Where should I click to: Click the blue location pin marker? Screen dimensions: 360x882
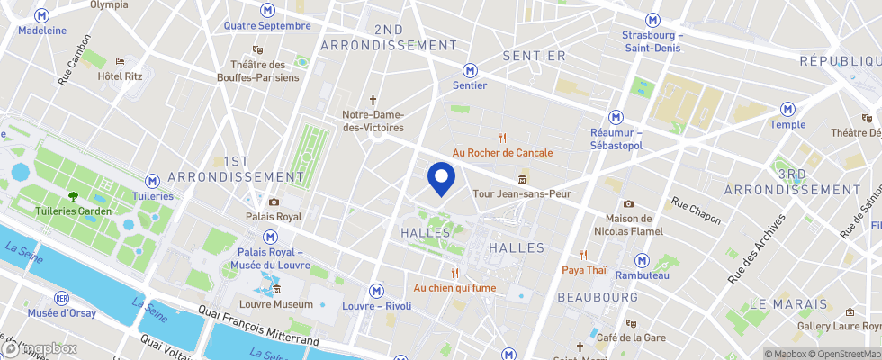pos(440,177)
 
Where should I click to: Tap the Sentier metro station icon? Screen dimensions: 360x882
pos(470,70)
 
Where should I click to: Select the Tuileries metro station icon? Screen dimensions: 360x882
pos(154,181)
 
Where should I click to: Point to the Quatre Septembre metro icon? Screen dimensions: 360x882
pos(266,10)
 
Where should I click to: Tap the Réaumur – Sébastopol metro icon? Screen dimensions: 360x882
pos(616,117)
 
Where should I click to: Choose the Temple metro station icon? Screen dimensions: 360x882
pos(788,109)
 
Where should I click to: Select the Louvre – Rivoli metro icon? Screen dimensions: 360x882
pos(377,291)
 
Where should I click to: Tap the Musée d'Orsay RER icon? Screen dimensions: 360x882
pos(62,297)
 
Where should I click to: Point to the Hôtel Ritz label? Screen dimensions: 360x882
pos(121,76)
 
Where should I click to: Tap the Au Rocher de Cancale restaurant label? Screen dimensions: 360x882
pos(502,152)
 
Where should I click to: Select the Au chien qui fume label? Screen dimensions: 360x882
pos(455,288)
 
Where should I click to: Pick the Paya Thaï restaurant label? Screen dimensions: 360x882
pos(584,269)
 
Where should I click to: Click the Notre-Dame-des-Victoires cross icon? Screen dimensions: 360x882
pos(373,100)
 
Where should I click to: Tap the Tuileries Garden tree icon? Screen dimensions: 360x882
pos(72,196)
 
